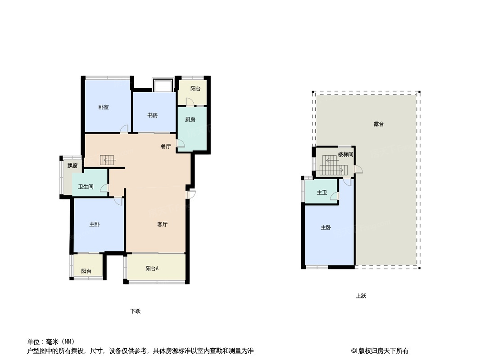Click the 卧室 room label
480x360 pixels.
(104, 108)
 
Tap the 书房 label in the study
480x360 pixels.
(153, 115)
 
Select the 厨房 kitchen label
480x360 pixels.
(190, 120)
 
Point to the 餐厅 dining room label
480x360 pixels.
(166, 147)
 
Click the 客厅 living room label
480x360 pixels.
(162, 225)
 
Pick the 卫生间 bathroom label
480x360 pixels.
(86, 187)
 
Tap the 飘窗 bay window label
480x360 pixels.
(72, 166)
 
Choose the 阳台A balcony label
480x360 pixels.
(152, 269)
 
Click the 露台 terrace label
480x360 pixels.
(379, 124)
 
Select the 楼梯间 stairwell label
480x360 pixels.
(346, 154)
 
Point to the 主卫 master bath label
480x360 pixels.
(322, 193)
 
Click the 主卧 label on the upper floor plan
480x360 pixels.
(326, 228)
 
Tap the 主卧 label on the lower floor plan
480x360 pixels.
(94, 225)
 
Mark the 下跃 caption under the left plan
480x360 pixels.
(135, 311)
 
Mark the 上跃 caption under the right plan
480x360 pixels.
(361, 296)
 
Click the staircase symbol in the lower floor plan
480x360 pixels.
(107, 160)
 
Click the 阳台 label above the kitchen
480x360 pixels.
(195, 89)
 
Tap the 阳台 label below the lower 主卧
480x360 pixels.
(86, 271)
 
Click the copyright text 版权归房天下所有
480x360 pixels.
(383, 351)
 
